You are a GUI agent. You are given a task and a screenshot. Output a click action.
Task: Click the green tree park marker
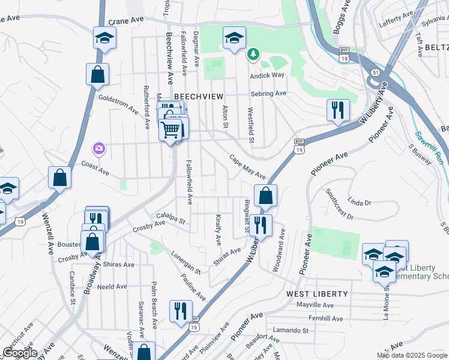(x=253, y=55)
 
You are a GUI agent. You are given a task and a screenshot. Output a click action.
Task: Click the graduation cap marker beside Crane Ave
(x=104, y=38)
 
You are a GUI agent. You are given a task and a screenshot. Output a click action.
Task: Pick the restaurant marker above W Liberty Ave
(x=338, y=109)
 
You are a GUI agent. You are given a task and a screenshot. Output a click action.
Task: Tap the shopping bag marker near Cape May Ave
(x=265, y=195)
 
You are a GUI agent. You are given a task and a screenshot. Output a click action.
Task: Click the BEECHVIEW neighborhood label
(x=198, y=96)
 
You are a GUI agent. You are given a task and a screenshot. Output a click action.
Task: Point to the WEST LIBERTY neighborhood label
(x=317, y=293)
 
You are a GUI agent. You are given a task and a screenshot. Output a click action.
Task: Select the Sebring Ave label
(x=268, y=94)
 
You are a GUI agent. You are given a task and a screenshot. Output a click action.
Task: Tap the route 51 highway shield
(x=375, y=72)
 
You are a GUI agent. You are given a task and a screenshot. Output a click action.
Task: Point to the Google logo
(x=20, y=352)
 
